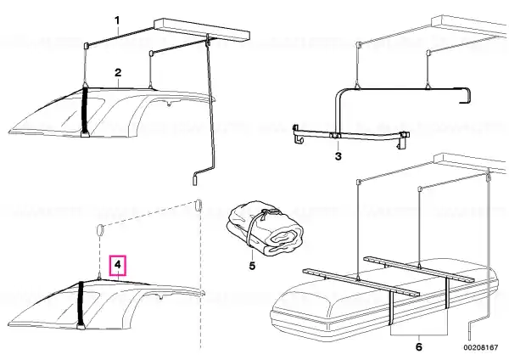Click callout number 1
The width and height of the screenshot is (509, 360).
click(x=117, y=21)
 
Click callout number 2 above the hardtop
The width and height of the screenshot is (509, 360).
click(x=118, y=72)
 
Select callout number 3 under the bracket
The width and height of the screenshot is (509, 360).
click(x=338, y=156)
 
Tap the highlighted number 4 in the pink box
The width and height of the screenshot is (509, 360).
click(x=118, y=264)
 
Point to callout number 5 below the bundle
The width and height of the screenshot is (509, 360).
click(x=252, y=266)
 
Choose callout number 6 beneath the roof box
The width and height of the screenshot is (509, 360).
click(x=419, y=346)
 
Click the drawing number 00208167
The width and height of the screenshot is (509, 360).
click(x=481, y=347)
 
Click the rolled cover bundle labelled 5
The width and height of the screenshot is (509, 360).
click(x=265, y=228)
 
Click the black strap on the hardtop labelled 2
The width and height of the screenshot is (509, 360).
click(x=86, y=110)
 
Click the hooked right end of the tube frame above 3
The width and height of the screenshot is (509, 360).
click(x=466, y=95)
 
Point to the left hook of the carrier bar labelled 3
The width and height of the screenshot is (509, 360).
click(x=296, y=133)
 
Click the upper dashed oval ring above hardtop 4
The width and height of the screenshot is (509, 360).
click(x=199, y=205)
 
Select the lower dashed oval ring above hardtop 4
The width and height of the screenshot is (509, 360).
click(x=100, y=231)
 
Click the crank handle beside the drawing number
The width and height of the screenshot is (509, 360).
click(x=470, y=330)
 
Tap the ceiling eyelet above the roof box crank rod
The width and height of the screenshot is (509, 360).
click(x=488, y=177)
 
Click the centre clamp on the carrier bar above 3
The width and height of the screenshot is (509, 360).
click(x=335, y=136)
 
